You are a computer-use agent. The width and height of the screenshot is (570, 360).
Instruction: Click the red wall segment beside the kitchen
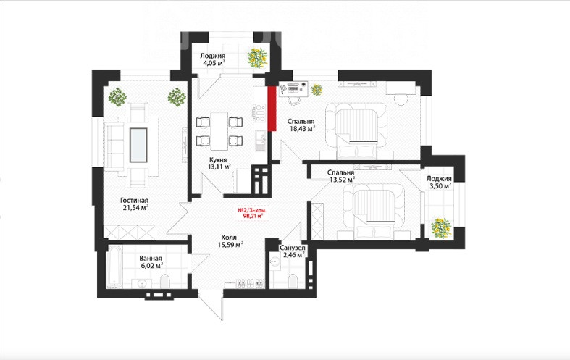click(x=272, y=109)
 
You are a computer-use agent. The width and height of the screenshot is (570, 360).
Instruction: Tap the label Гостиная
click(x=134, y=201)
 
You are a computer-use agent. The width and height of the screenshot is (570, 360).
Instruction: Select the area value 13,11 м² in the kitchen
click(x=219, y=167)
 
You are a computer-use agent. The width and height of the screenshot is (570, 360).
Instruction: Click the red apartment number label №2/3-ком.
click(x=253, y=210)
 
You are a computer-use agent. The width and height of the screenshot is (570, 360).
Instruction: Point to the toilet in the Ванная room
click(x=164, y=281)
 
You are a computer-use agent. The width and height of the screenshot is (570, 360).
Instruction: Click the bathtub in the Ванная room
click(x=114, y=267)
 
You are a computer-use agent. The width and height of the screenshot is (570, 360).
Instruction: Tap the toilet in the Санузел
click(x=293, y=282)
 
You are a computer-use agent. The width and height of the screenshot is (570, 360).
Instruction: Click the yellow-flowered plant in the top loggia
click(x=257, y=57)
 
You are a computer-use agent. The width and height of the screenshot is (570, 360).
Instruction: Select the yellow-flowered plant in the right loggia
click(x=441, y=228)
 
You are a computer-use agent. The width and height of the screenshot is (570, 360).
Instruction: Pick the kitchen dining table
click(x=219, y=131)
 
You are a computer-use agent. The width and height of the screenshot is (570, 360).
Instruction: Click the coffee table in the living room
click(x=138, y=145)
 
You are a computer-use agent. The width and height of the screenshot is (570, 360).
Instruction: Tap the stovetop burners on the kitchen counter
click(x=260, y=113)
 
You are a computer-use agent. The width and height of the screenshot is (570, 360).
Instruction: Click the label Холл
click(x=229, y=238)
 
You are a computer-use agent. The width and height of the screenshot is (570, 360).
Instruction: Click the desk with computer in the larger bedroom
click(x=294, y=88)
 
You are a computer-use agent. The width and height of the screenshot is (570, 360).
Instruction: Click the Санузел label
click(x=292, y=248)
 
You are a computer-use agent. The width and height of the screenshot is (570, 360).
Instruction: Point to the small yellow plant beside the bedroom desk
click(x=317, y=89)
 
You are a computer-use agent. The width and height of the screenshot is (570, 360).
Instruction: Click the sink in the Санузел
click(x=276, y=262)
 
